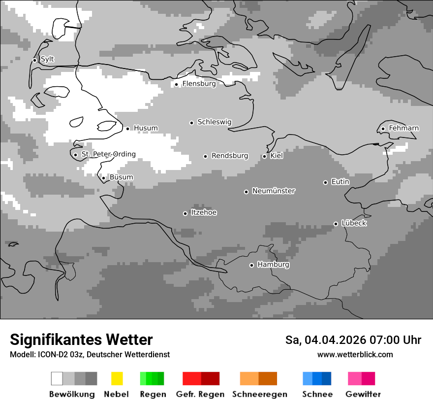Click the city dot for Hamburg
pos(251,265)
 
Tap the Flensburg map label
pos(199,84)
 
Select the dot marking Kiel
pos(264,156)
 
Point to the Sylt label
pos(47,60)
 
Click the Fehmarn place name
pos(403,128)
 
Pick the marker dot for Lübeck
pos(336,224)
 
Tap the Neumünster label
pos(274,191)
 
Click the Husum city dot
pos(127,129)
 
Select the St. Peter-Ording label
pos(108,154)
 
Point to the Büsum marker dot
pos(103,178)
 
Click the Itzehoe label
pos(204,212)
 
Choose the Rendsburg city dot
pos(205,156)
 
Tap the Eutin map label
pos(340,182)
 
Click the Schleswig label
pos(214,122)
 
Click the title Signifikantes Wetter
pos(81,340)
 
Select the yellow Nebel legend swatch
pos(117,378)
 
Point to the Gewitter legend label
pos(363,394)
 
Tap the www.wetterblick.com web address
pos(355,354)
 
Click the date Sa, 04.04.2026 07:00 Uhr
pos(353,340)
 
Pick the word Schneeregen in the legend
pos(260,394)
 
